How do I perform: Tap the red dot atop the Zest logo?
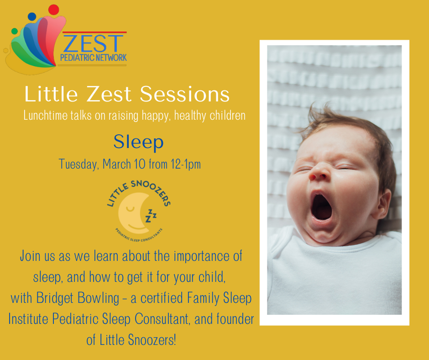(54, 10)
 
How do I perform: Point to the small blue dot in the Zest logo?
(32, 16)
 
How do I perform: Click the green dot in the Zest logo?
(15, 31)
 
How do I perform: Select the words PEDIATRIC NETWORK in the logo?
(93, 58)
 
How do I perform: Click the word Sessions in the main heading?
(185, 94)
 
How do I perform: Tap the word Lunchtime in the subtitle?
(45, 115)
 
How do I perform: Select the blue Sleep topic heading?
(138, 142)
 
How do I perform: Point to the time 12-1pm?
(186, 164)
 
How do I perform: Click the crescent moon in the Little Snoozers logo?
(132, 211)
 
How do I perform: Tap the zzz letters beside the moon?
(151, 215)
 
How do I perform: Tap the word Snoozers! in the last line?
(152, 340)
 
